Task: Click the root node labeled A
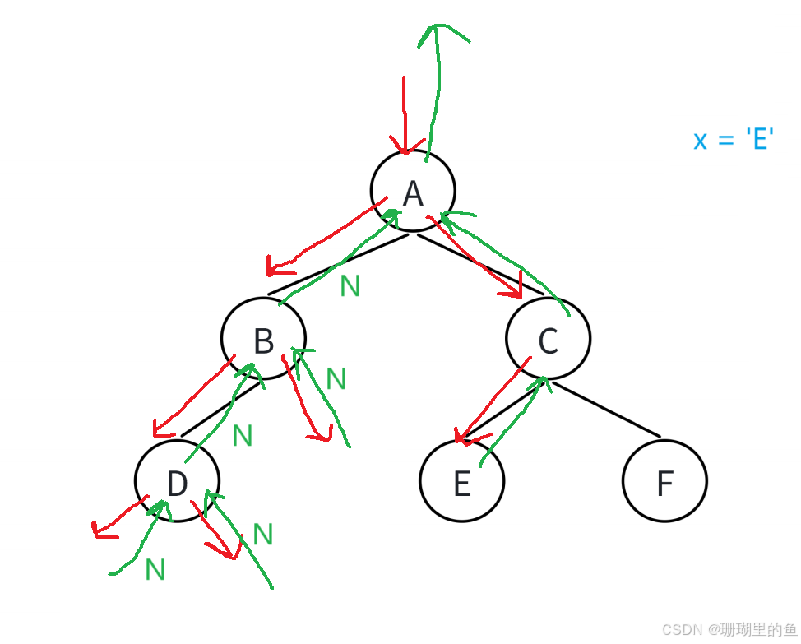click(412, 191)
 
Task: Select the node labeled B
click(263, 339)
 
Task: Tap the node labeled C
click(548, 339)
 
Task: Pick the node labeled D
click(177, 482)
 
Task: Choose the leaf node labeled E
click(461, 483)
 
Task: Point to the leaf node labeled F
click(664, 483)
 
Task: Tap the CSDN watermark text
click(728, 629)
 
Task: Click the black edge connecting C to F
click(606, 410)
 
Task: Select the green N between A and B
click(350, 286)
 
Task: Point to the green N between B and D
click(243, 436)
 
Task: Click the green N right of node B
click(336, 379)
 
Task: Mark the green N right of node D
click(263, 535)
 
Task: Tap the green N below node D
click(155, 569)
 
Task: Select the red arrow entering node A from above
click(404, 115)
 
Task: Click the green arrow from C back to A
click(506, 255)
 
